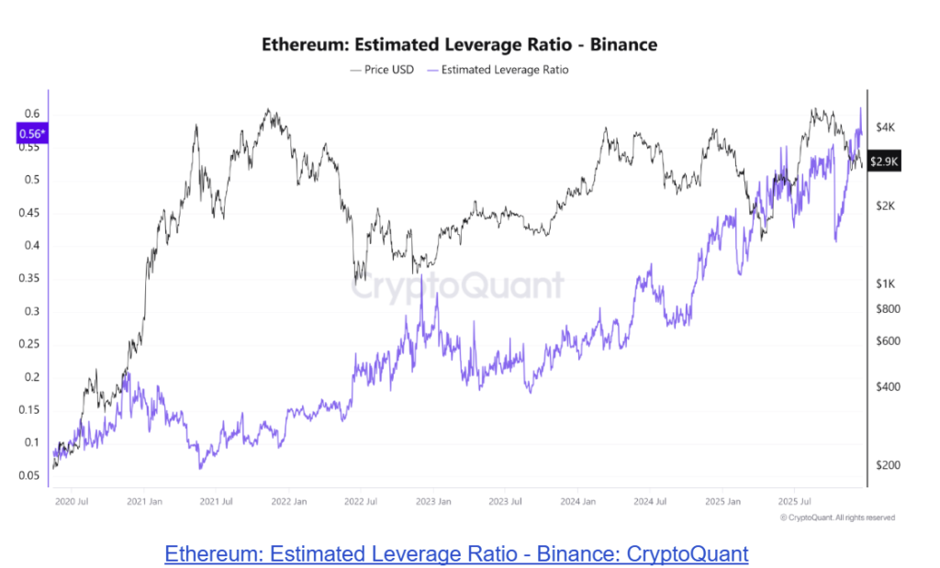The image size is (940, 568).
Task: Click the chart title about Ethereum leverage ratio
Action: tap(460, 44)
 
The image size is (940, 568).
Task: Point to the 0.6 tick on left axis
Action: tap(32, 114)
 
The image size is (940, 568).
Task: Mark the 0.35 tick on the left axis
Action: tap(30, 279)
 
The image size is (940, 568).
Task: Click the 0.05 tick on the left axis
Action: tap(30, 476)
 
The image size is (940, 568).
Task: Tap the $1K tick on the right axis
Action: tap(883, 284)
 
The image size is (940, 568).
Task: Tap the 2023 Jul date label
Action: tap(504, 502)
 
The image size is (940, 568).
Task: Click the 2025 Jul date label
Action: tap(795, 502)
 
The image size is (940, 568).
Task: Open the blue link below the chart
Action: tap(456, 554)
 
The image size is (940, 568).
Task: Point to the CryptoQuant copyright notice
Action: tap(836, 518)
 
